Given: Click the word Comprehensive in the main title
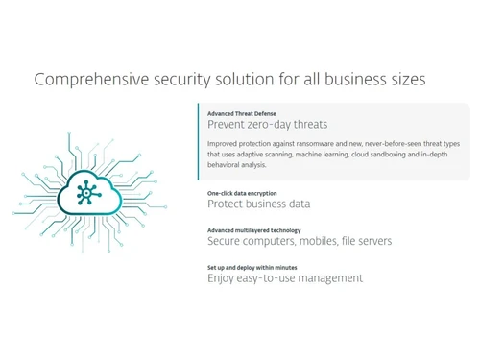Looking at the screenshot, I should (80, 79).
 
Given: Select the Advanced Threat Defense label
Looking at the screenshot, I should (242, 113).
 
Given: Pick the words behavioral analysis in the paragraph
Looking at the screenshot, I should (238, 164).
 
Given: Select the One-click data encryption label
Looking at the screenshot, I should (241, 193).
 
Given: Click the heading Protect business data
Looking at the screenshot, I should (258, 204).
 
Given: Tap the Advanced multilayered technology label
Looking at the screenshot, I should (253, 230).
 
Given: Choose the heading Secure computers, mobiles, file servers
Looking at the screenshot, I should (285, 241).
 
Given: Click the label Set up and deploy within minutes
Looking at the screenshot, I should (252, 267).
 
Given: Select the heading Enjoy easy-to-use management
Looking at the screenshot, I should (285, 278).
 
